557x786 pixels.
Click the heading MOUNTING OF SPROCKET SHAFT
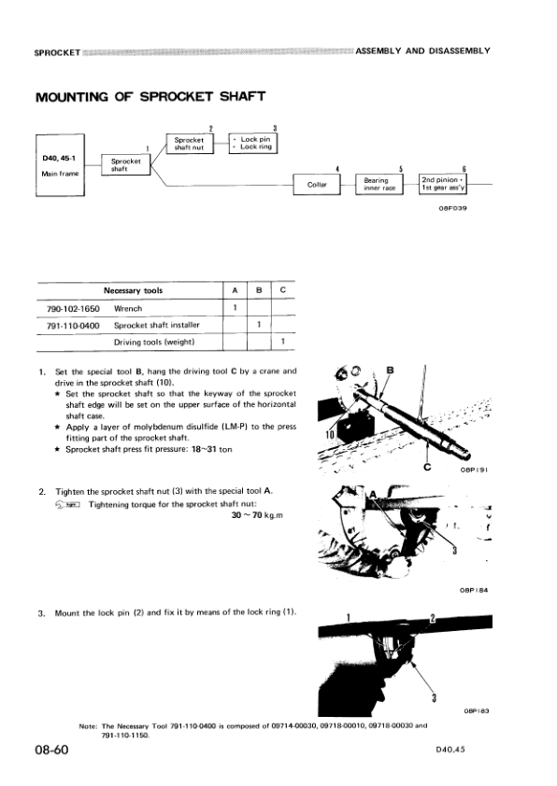tap(150, 97)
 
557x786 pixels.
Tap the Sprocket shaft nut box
tap(191, 143)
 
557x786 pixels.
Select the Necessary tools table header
tap(132, 290)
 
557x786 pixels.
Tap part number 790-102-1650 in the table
tap(73, 307)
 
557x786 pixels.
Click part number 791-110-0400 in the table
tap(73, 325)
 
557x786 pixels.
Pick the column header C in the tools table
tap(282, 290)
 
